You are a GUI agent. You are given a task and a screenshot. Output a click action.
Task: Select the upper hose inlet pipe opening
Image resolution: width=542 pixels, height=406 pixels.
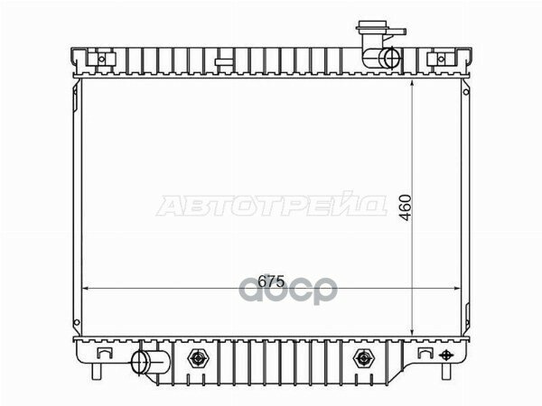[x=389, y=60]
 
